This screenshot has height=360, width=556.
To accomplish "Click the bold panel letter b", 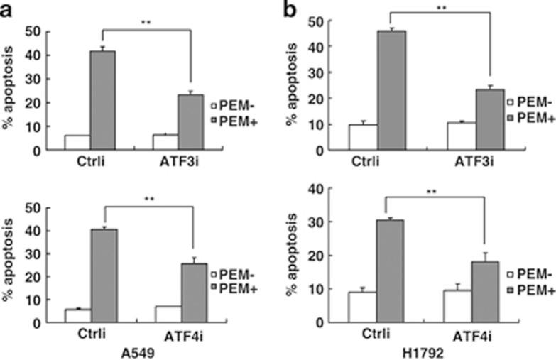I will [x=290, y=9].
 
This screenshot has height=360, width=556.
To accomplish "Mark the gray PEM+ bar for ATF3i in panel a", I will [x=190, y=122].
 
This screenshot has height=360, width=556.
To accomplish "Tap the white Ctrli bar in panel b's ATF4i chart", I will [x=362, y=307].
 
